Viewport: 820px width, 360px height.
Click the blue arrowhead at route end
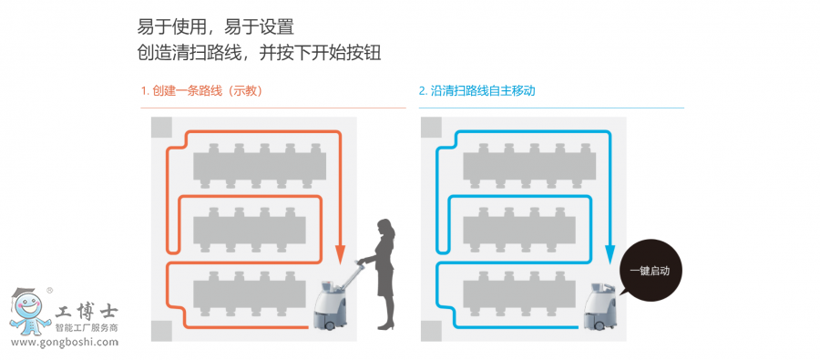(x=610, y=254)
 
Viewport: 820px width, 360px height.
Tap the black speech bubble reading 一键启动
(x=649, y=271)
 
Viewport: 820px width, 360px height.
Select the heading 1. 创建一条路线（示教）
(x=201, y=90)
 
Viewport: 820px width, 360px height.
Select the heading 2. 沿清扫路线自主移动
(x=477, y=90)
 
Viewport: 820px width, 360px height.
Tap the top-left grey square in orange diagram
(x=161, y=128)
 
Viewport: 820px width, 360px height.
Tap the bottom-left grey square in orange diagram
(x=161, y=331)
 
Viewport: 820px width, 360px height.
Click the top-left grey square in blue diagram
(x=431, y=128)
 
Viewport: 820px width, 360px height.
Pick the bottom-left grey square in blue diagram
(x=431, y=331)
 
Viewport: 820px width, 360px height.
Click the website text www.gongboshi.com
(x=65, y=343)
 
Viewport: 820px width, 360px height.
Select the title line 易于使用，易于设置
(x=215, y=26)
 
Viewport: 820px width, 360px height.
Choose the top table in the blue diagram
(x=529, y=166)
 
